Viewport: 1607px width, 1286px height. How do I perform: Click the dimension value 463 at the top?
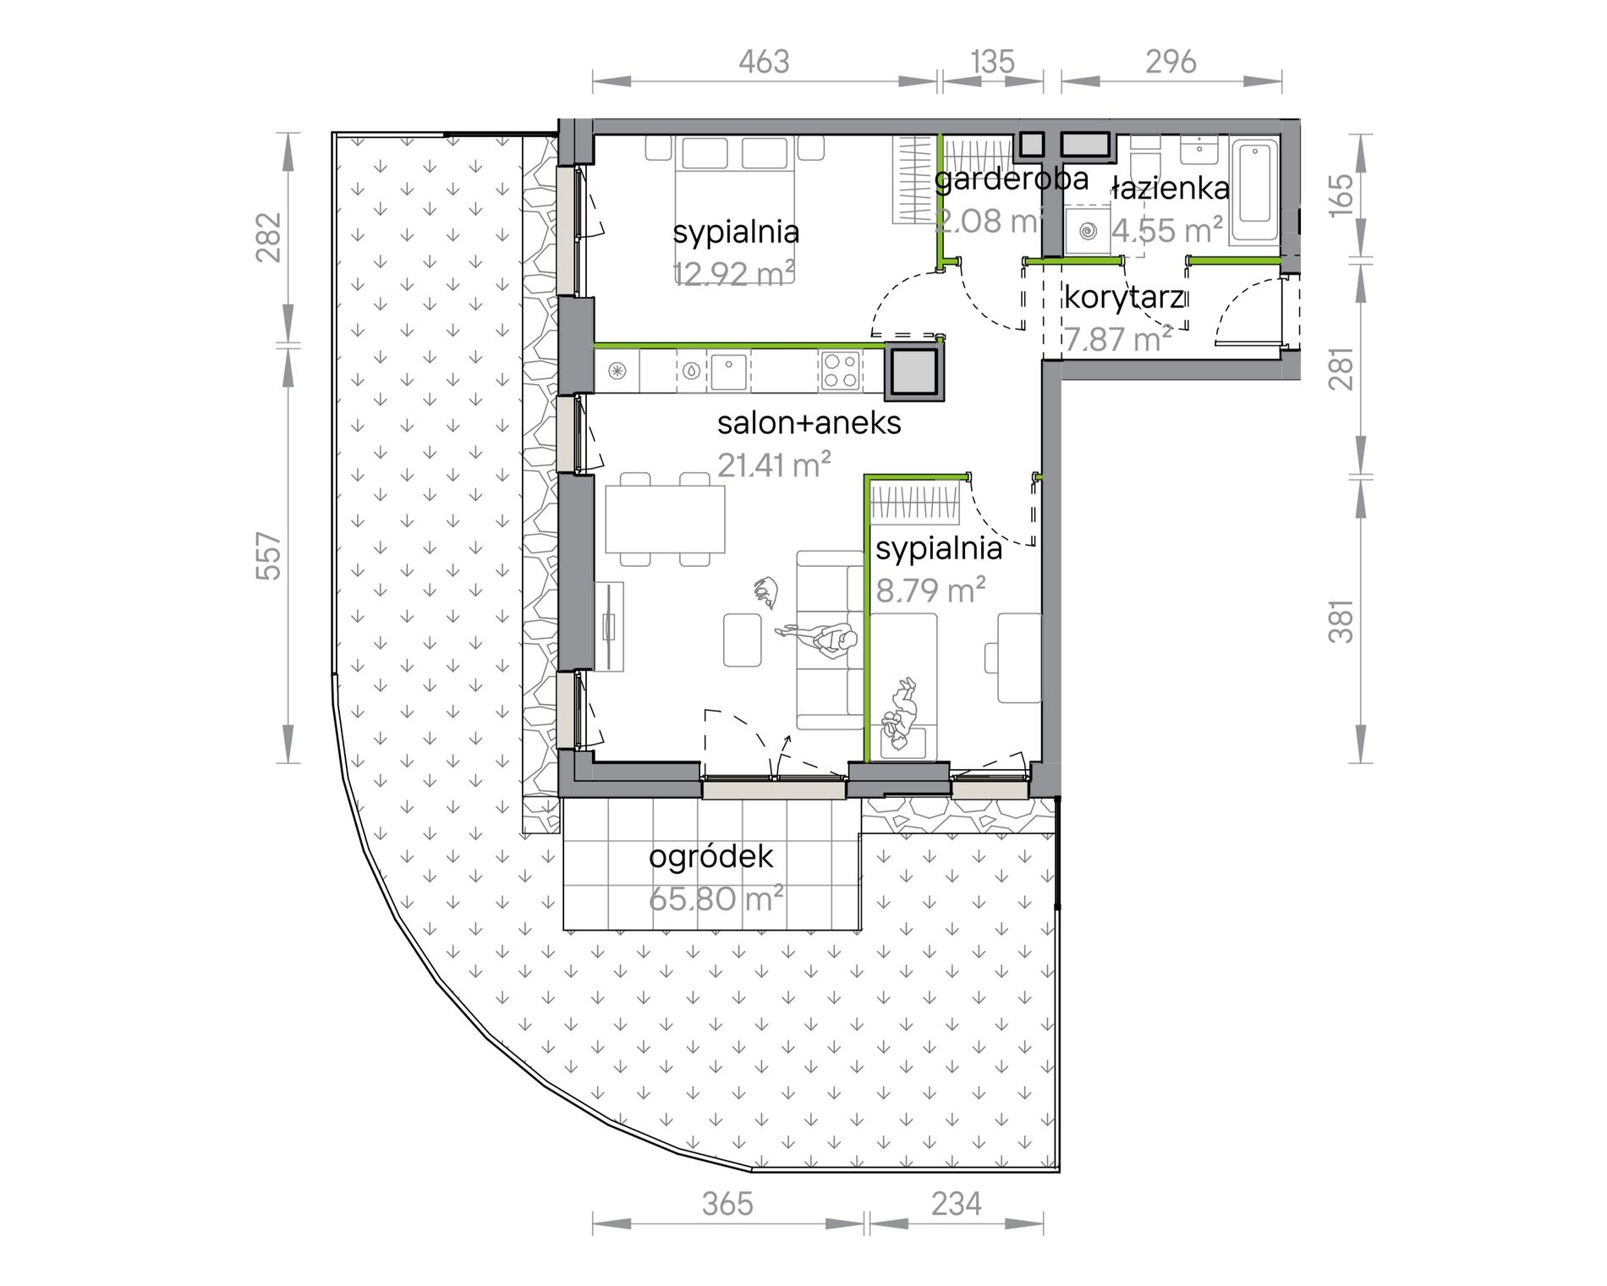coord(764,62)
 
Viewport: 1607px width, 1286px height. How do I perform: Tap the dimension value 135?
coord(992,62)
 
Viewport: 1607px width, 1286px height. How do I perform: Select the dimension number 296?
coord(1171,62)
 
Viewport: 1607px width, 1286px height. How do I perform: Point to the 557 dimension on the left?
coord(268,555)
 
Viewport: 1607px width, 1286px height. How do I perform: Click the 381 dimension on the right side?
coord(1341,622)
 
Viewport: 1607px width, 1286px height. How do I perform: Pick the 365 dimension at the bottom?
coord(727,1203)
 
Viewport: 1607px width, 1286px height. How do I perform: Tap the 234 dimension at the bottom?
coord(957,1203)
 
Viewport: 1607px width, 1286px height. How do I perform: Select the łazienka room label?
coord(1171,188)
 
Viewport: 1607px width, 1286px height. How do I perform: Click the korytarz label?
coord(1124,298)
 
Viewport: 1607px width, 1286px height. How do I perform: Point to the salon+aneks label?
coord(809,422)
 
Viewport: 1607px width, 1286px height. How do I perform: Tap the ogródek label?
coord(710,857)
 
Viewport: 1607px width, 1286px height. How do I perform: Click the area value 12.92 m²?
coord(733,273)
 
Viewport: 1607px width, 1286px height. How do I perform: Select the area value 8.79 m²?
coord(930,590)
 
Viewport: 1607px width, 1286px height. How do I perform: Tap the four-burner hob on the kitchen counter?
coord(841,371)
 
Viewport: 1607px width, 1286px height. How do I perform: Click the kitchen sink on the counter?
coord(729,370)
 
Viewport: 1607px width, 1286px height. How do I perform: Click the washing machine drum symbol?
coord(1089,230)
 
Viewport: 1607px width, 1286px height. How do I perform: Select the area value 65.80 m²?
coord(716,898)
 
